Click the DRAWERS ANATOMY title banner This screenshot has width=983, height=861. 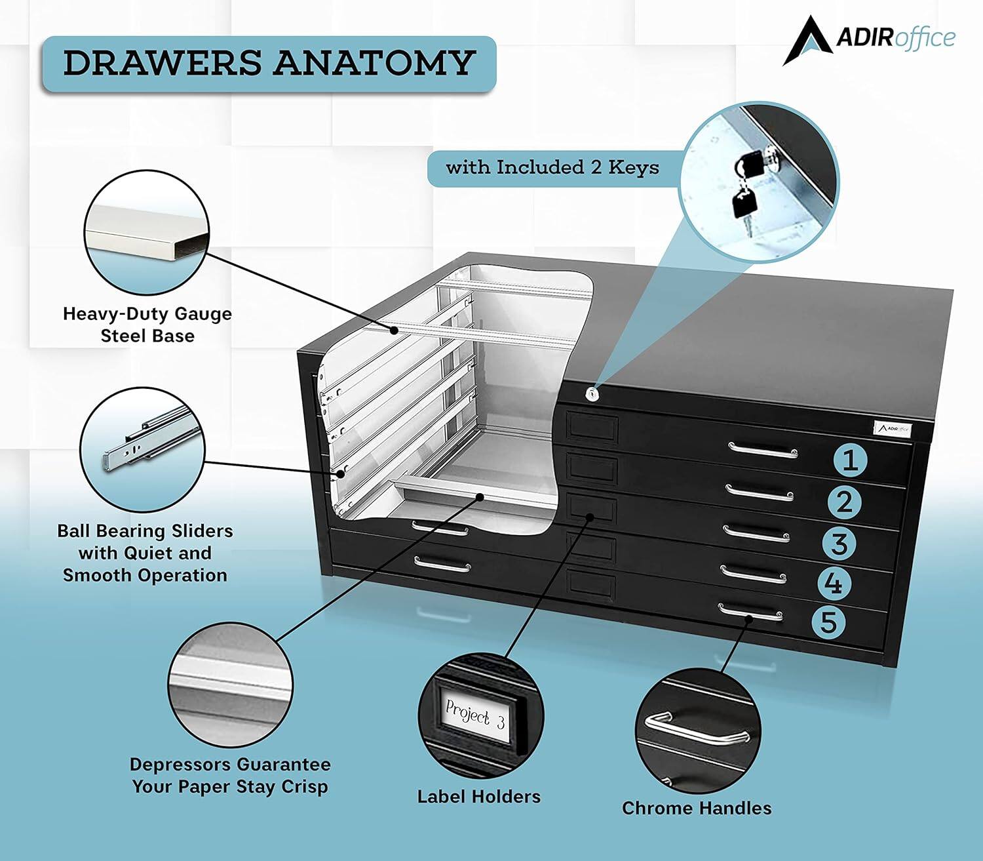coord(269,64)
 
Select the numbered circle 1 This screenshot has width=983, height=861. coord(850,460)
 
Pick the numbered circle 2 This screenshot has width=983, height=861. coord(845,502)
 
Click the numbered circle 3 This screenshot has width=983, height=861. coord(839,544)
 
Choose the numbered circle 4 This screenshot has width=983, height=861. coord(834,583)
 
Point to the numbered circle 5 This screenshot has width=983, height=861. coord(829,622)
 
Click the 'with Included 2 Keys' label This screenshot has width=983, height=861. coord(552,168)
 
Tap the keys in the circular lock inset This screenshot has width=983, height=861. coord(745,187)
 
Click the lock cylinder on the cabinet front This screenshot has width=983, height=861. coord(592,394)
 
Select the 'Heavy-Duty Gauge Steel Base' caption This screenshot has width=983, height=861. coord(147,325)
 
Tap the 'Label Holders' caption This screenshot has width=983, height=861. coord(479,797)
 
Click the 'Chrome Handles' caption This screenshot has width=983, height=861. coord(697,808)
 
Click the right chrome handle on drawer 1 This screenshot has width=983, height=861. coord(763,450)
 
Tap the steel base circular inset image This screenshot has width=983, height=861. coord(147,232)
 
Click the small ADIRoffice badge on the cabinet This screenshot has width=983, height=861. coord(895,429)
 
